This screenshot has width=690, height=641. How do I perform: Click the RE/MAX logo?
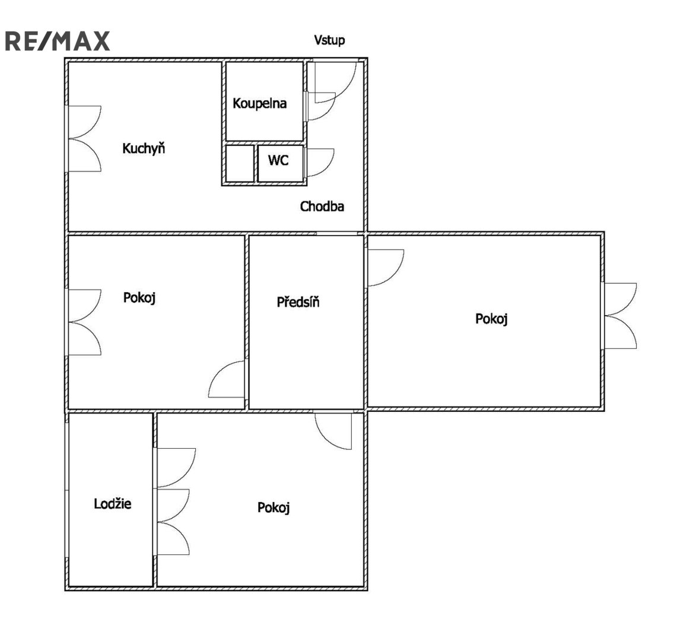click(57, 42)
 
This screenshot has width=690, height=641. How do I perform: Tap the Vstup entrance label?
click(329, 40)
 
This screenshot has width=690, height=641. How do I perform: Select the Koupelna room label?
click(260, 103)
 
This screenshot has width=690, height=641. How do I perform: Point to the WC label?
click(278, 160)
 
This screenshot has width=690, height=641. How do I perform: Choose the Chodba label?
click(322, 206)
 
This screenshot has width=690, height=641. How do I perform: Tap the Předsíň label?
click(298, 302)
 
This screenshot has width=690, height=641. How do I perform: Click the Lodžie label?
click(113, 503)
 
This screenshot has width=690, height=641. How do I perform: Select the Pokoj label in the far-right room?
click(491, 318)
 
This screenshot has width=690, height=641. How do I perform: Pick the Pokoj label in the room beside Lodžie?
click(274, 507)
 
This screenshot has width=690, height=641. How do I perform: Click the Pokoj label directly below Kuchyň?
click(139, 297)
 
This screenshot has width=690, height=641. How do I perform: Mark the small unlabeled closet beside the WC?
click(240, 163)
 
